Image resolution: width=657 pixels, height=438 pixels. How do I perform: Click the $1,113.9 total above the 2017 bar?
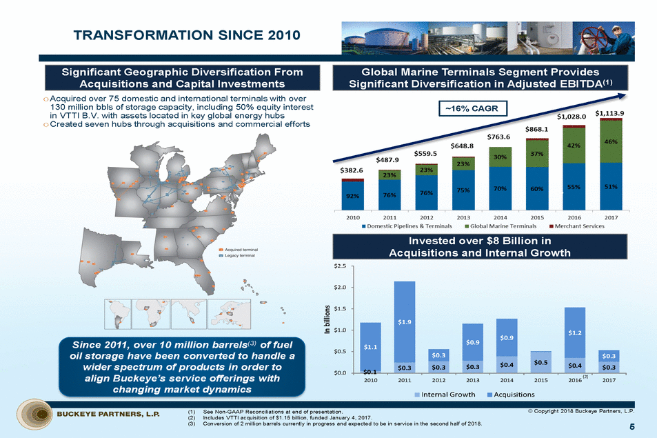[x=609, y=113]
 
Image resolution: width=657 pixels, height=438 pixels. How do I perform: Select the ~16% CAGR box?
[x=475, y=108]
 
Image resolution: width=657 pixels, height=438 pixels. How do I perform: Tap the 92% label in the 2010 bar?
[x=352, y=195]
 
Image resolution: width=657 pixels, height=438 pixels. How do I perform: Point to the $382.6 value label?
[x=352, y=170]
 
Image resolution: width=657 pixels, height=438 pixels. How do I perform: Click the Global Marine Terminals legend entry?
[x=503, y=226]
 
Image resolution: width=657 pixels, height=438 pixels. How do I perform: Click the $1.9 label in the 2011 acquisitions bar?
[x=405, y=321]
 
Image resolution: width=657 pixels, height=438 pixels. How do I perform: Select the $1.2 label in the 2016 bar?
[x=574, y=332]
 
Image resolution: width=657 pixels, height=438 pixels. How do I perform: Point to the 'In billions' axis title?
[x=327, y=319]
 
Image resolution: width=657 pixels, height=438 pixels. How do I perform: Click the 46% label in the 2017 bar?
[x=609, y=141]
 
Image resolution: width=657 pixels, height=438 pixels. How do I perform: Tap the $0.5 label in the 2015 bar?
[x=540, y=361]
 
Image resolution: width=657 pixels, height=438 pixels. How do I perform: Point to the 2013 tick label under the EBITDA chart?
[x=463, y=215]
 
